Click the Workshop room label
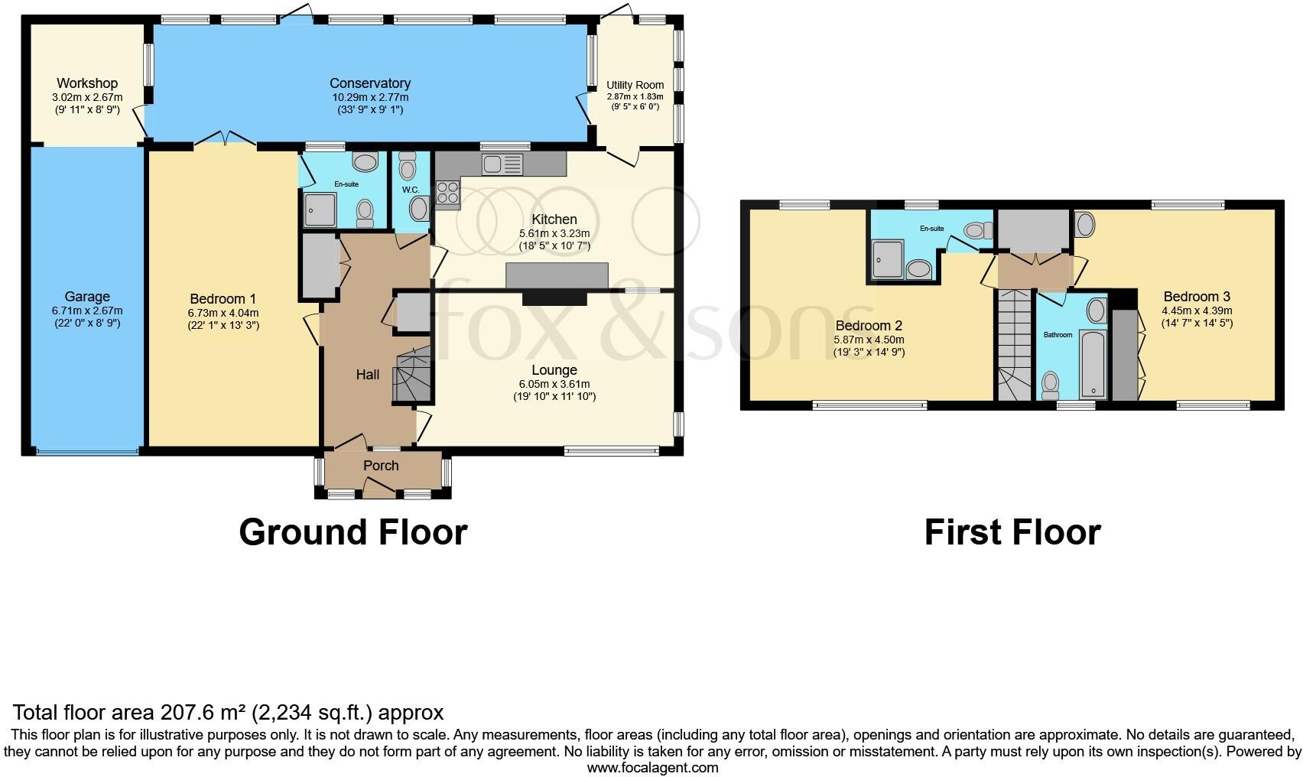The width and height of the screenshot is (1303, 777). pos(87,83)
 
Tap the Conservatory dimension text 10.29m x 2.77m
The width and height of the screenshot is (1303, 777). pos(370,97)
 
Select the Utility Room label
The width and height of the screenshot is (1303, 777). pos(635,85)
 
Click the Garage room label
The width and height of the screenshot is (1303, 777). pos(87,297)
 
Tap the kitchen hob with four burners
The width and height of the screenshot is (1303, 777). pos(447,194)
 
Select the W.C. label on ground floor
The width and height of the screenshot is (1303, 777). pos(411,190)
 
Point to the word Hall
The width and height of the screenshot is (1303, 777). pos(368,375)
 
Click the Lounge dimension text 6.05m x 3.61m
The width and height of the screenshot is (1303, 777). pos(554,384)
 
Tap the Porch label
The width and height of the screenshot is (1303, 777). pos(381,466)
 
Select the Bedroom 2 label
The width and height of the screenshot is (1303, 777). pos(869,326)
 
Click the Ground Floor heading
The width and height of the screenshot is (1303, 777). pos(353,532)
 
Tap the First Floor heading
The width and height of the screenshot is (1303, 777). pos(1012,532)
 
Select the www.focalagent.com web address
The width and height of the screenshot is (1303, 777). pos(652,768)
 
